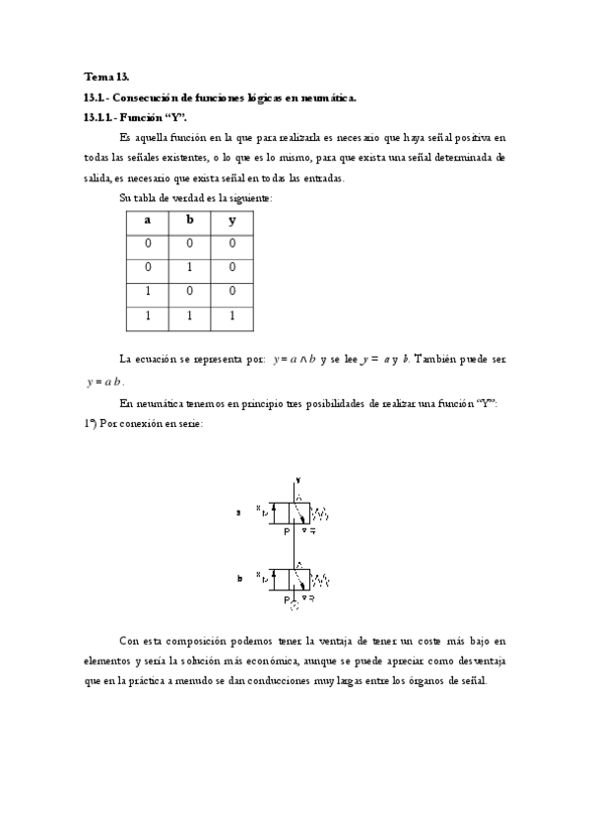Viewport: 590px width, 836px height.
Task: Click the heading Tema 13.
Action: click(99, 76)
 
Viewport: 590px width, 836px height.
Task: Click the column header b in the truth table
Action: click(190, 220)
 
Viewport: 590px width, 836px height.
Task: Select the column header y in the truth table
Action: click(232, 220)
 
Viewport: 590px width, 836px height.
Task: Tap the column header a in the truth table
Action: click(148, 220)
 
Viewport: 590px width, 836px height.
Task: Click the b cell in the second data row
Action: click(190, 267)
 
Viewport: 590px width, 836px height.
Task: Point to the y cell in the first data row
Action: click(232, 243)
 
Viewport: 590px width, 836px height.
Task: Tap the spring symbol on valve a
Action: click(321, 513)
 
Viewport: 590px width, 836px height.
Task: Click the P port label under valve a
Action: click(287, 531)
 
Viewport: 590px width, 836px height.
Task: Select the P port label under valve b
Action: click(287, 597)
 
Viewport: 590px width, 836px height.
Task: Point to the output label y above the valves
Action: click(297, 480)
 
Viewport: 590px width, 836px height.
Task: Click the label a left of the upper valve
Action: click(239, 513)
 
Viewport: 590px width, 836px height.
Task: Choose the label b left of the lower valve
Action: click(239, 579)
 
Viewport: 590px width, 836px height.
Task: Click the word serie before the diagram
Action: click(188, 424)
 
